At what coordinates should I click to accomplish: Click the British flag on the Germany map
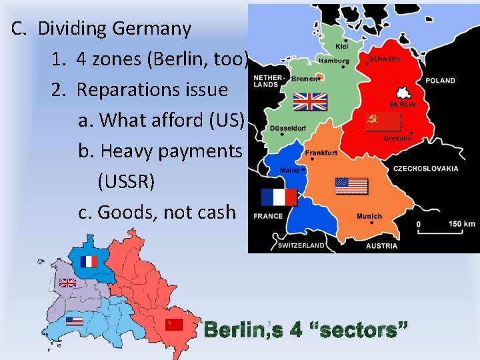tap(311, 101)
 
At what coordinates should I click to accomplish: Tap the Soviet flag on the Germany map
tap(383, 121)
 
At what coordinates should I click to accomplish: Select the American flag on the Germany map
tap(351, 185)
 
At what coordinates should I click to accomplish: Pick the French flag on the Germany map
tap(278, 197)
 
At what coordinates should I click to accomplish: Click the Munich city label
tap(369, 216)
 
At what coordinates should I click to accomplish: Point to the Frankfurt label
tap(321, 153)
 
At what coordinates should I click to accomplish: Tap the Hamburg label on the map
tap(333, 60)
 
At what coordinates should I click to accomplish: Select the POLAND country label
tap(441, 81)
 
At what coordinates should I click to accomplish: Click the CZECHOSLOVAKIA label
tap(425, 169)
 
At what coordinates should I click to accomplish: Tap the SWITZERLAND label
tap(300, 245)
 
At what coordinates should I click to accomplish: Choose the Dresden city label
tap(397, 139)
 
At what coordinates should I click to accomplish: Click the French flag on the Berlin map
tap(89, 261)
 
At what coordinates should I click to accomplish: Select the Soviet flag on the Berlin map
tap(173, 325)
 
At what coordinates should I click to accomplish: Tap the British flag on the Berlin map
tap(67, 283)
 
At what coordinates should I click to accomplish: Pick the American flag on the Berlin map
tap(75, 321)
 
